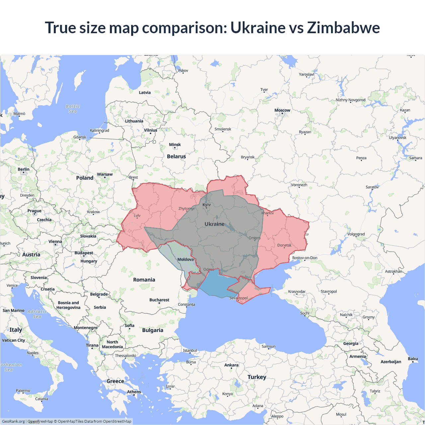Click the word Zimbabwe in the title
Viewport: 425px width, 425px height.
(x=343, y=28)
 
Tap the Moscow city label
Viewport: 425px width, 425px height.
(x=282, y=110)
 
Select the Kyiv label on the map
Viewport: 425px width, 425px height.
(x=207, y=205)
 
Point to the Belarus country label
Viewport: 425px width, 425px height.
(x=176, y=156)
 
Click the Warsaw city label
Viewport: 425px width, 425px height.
(x=105, y=174)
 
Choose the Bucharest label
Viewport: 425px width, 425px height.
(x=159, y=300)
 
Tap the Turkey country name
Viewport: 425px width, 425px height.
(x=257, y=377)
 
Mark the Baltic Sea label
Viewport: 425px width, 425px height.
(x=73, y=109)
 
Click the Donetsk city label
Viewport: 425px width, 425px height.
(x=284, y=245)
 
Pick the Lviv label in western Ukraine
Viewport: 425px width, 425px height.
(x=137, y=215)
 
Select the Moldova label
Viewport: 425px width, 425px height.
(x=185, y=259)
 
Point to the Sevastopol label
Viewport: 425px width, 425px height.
(x=238, y=298)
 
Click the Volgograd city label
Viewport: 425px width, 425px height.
(x=356, y=234)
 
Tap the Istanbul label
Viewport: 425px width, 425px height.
(x=190, y=351)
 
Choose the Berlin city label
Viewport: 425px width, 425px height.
(x=24, y=169)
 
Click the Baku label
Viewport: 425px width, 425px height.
(x=413, y=359)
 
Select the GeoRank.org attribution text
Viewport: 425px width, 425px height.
(x=13, y=421)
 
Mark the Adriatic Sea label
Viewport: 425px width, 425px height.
(x=37, y=314)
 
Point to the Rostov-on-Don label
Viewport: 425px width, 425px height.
(x=304, y=258)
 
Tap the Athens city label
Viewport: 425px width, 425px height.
(x=134, y=392)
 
